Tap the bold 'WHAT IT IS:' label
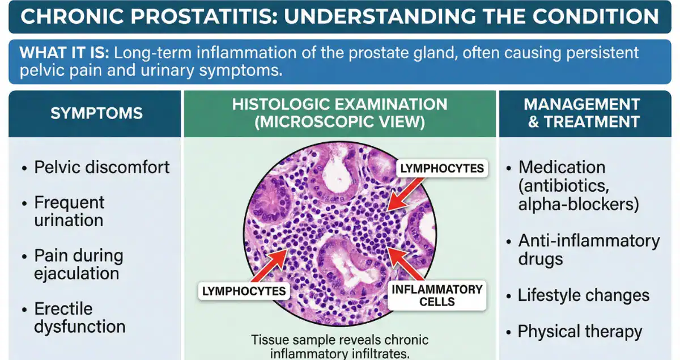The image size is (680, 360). click(63, 53)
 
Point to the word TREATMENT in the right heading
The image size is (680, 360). click(591, 121)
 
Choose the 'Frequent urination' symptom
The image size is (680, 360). click(69, 211)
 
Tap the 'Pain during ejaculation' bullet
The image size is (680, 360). click(78, 264)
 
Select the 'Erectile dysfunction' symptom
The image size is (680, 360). click(79, 317)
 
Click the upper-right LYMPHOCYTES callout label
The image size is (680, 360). click(442, 168)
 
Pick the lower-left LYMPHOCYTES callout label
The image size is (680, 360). click(244, 291)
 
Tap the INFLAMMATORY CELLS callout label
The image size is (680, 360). click(437, 295)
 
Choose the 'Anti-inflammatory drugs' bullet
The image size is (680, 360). click(588, 249)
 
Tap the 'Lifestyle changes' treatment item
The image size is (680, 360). click(584, 295)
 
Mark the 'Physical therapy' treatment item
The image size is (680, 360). click(580, 332)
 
